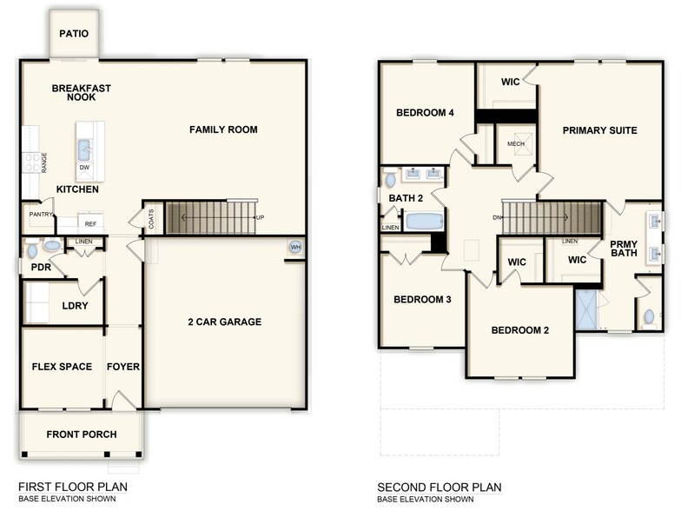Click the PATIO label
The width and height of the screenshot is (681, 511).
(x=74, y=34)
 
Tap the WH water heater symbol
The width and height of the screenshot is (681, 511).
(x=294, y=247)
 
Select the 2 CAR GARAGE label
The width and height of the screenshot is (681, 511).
(x=225, y=322)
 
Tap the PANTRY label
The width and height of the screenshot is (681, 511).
(x=41, y=215)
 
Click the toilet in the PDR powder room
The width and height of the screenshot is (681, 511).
(x=32, y=250)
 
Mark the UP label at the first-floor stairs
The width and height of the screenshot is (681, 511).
(x=260, y=217)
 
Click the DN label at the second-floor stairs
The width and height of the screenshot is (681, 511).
(x=497, y=217)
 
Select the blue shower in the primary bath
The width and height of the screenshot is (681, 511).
(x=586, y=309)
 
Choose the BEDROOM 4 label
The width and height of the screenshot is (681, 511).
(x=425, y=113)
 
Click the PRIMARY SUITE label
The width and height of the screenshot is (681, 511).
(x=599, y=130)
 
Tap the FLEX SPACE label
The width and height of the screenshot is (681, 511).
(x=62, y=367)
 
